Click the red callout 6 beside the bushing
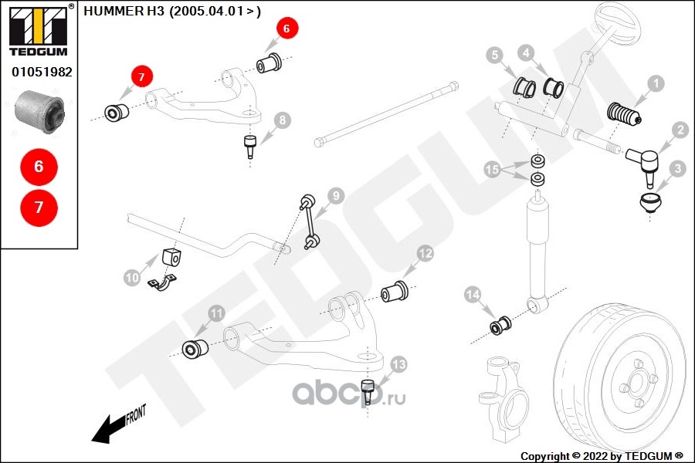[286, 29]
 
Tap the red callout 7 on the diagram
[141, 76]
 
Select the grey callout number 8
[283, 120]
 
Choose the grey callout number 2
[680, 130]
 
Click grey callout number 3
[676, 167]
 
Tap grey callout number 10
[131, 275]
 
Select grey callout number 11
[216, 313]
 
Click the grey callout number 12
[425, 253]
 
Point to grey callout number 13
[398, 363]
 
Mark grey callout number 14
[473, 294]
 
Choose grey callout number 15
[492, 169]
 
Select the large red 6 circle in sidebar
[39, 167]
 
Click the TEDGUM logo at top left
[38, 31]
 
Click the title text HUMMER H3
[124, 11]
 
